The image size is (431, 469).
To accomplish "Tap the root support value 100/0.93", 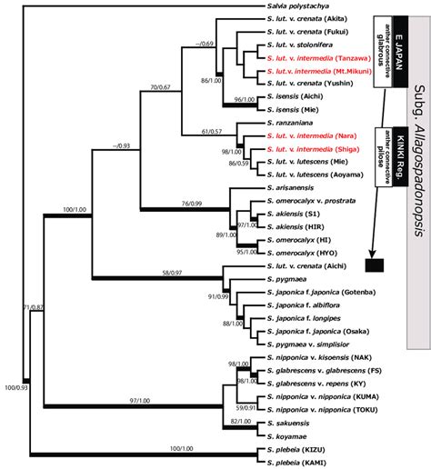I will pyautogui.click(x=14, y=440).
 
